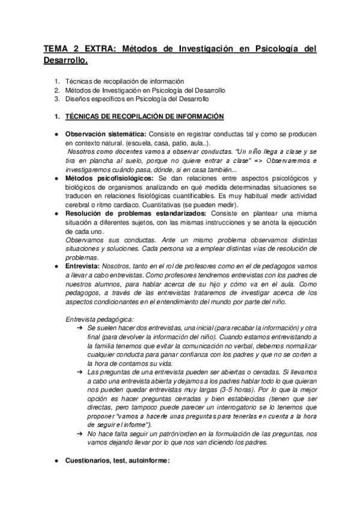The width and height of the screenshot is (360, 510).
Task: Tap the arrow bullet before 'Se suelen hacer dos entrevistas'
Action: tap(80, 329)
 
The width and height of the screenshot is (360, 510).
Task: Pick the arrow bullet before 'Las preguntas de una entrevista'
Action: tap(80, 372)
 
